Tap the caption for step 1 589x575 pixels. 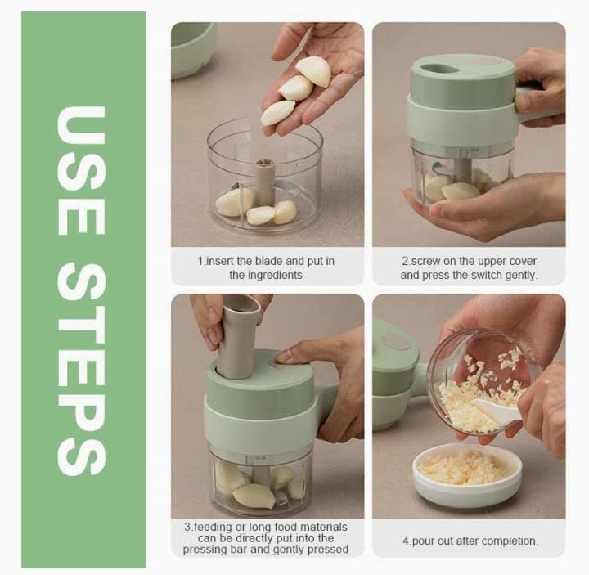tap(266, 268)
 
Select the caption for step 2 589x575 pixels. tap(469, 268)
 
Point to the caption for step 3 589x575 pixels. tap(266, 538)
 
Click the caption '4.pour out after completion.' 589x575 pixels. tap(470, 541)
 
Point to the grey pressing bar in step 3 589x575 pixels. tap(237, 335)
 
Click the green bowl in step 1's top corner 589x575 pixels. tap(192, 45)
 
